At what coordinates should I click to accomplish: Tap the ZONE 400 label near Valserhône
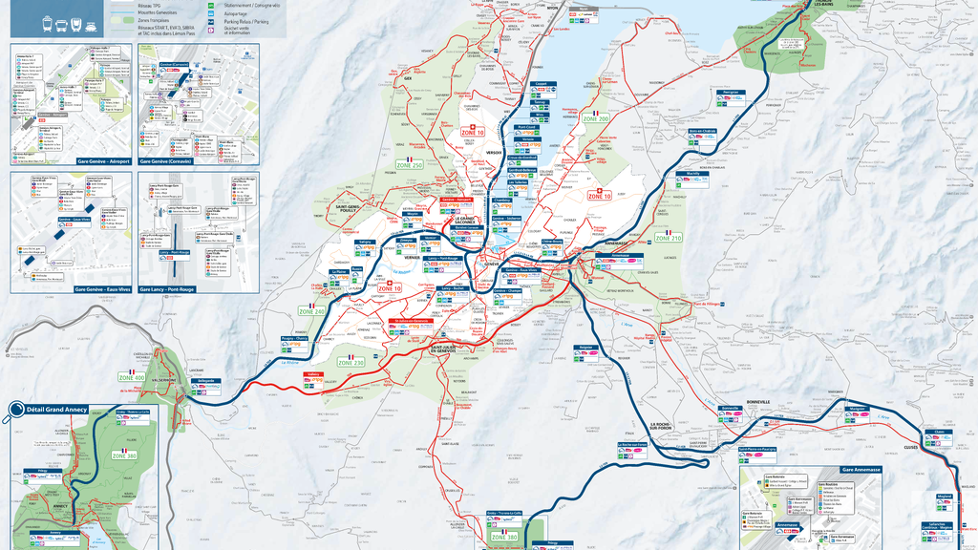click(x=133, y=377)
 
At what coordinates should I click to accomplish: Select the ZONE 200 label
click(x=596, y=118)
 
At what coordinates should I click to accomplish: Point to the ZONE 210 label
click(x=669, y=237)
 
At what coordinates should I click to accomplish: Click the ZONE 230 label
click(x=351, y=363)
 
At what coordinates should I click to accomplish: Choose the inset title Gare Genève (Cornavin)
click(x=198, y=161)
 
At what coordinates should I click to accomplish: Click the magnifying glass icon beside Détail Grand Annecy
click(x=16, y=412)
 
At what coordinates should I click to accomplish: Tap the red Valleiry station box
click(x=311, y=375)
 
